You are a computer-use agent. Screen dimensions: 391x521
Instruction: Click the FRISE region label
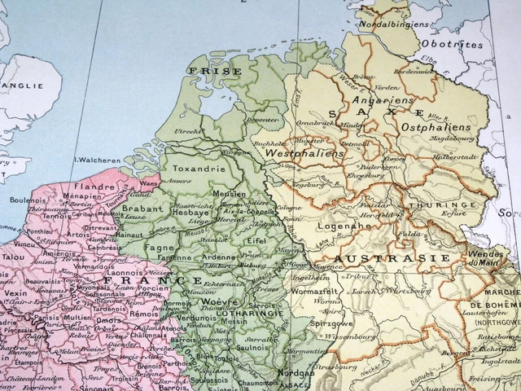click(x=204, y=71)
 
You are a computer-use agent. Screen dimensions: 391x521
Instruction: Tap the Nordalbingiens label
click(x=400, y=24)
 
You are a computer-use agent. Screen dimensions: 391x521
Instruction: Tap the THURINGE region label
click(x=444, y=205)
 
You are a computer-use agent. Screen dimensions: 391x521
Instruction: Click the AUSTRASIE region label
click(x=392, y=258)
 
